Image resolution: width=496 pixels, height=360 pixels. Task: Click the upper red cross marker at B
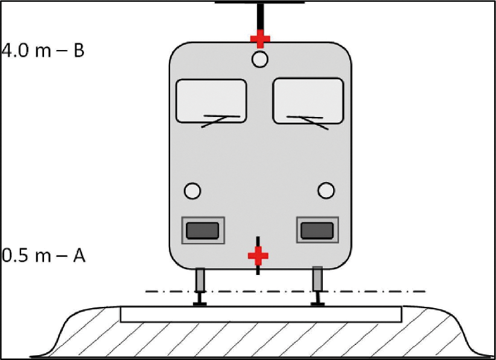[x=260, y=39]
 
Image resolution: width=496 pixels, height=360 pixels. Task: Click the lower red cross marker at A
[x=258, y=256]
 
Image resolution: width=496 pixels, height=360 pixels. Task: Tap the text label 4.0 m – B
[x=43, y=50]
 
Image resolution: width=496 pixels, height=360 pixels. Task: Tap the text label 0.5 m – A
[x=43, y=256]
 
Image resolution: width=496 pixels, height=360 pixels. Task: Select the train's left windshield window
[x=211, y=101]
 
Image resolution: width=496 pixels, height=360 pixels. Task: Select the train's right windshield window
[x=308, y=101]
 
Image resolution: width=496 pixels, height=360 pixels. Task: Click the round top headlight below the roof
[x=260, y=59]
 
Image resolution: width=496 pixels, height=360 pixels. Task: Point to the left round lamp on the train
[x=192, y=191]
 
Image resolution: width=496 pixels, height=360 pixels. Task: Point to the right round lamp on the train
[x=326, y=191]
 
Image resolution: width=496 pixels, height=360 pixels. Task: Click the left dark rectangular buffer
[x=203, y=230]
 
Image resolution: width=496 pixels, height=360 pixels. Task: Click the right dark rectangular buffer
[x=317, y=230]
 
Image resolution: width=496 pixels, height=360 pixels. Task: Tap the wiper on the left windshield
[x=220, y=120]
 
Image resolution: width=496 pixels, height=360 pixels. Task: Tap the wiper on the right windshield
[x=308, y=122]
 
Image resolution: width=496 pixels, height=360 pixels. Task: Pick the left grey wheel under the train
[x=200, y=280]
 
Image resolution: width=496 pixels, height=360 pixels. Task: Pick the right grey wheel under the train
[x=317, y=279]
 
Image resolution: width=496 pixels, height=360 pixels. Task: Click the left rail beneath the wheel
[x=200, y=299]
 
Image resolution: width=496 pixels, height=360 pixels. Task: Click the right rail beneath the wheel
[x=317, y=298]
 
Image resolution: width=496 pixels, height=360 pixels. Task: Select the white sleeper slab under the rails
[x=261, y=314]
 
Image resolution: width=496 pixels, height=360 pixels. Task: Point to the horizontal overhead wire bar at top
[x=259, y=2]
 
